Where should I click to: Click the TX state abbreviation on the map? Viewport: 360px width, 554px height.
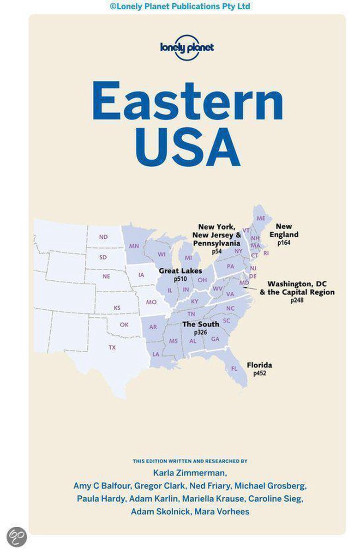[112, 347]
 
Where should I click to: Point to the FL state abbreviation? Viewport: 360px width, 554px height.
[234, 368]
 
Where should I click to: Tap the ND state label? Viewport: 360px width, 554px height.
[103, 237]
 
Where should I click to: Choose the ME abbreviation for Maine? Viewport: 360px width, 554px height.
[261, 218]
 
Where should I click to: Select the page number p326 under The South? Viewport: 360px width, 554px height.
[201, 332]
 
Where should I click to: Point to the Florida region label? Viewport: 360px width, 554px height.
[259, 365]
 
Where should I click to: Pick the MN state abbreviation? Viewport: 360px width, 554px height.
[134, 246]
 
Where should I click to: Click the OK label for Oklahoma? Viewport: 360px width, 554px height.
[124, 325]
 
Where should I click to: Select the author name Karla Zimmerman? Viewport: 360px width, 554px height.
[187, 473]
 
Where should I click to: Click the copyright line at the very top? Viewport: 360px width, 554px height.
[180, 6]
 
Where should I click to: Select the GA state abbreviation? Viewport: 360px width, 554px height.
[215, 338]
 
